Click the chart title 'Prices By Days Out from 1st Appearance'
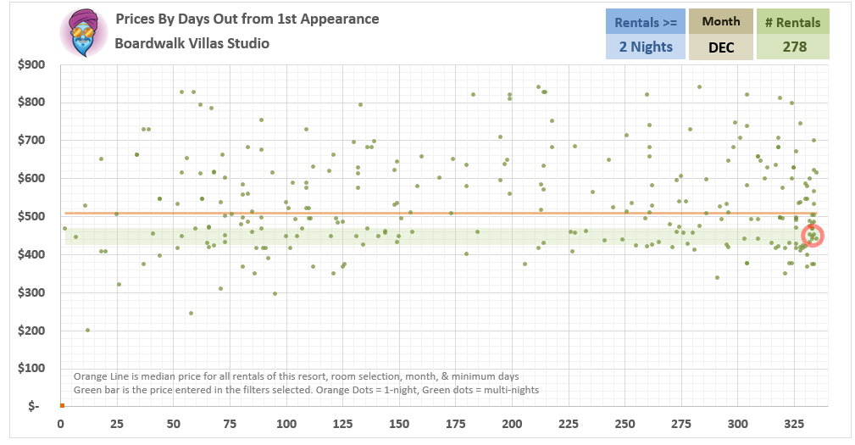[247, 19]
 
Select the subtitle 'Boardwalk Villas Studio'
[192, 42]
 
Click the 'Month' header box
[720, 21]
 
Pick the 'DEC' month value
[720, 47]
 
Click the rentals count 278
[794, 47]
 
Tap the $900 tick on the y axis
[31, 64]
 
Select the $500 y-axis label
[31, 216]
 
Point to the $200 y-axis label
[31, 331]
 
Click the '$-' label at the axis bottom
[34, 406]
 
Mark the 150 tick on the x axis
[400, 423]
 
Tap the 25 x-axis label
[117, 423]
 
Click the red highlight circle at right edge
[813, 236]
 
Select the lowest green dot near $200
[87, 331]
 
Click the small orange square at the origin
[61, 405]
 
